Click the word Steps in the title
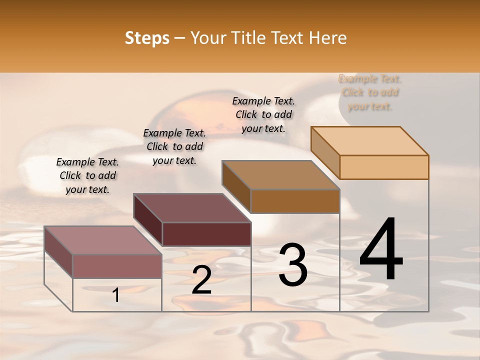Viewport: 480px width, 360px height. (x=146, y=38)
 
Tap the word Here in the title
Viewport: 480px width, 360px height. (x=327, y=38)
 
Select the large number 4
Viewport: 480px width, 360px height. (x=381, y=250)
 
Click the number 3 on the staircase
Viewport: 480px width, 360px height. (x=293, y=265)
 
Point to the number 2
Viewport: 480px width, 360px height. (x=201, y=280)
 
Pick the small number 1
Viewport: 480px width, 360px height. (x=116, y=295)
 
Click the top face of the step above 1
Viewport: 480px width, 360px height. (x=102, y=240)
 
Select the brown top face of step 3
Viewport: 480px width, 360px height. (x=280, y=175)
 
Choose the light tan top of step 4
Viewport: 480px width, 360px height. (x=369, y=141)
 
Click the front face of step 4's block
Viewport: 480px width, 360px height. (x=384, y=167)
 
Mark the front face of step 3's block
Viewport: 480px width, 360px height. (x=295, y=201)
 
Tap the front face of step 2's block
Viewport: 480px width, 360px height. (x=206, y=234)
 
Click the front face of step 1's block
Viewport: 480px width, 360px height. (x=117, y=266)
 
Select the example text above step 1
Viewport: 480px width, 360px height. (x=87, y=175)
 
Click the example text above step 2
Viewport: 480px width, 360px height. (x=174, y=146)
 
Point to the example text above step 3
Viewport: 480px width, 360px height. (x=263, y=114)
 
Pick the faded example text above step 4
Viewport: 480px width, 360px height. (x=370, y=92)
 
